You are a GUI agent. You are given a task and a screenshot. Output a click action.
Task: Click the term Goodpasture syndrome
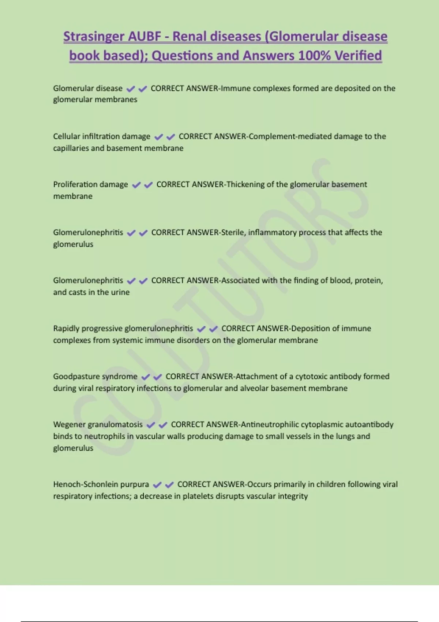95,376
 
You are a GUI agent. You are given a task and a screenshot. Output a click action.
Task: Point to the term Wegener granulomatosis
98,424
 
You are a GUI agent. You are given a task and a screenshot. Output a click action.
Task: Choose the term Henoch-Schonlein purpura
101,484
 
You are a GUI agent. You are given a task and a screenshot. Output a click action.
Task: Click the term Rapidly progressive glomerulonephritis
123,329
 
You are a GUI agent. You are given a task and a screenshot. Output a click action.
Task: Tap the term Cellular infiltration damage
101,136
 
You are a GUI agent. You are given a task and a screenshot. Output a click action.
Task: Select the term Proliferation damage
90,184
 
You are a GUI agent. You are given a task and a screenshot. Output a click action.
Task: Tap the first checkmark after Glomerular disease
131,89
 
